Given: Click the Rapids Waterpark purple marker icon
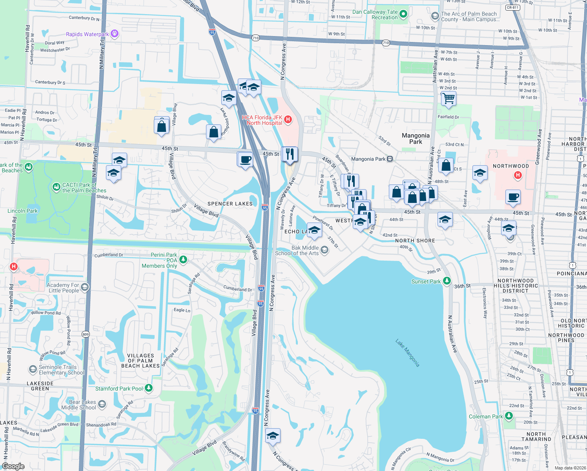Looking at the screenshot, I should (115, 34).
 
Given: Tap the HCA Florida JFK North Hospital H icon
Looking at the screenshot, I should (288, 119).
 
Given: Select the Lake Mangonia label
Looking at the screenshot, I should (407, 353).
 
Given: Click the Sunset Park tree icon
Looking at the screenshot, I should (447, 281).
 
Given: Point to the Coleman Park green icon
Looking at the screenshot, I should (509, 416).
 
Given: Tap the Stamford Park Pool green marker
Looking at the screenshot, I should (149, 388).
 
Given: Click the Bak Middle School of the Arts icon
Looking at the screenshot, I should (324, 250).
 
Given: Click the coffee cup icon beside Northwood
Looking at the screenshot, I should (513, 197).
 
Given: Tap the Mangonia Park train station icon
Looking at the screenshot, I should (390, 159).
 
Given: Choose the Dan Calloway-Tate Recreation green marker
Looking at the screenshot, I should (403, 15).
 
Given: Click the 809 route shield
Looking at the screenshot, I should (86, 334).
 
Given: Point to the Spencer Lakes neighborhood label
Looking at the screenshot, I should (230, 204).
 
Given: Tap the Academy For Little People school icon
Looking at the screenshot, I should (84, 287).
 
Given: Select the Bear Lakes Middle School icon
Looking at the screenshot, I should (102, 404).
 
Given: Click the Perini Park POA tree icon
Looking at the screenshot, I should (183, 260).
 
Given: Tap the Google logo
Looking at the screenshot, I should (13, 466).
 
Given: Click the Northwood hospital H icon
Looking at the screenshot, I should (518, 175).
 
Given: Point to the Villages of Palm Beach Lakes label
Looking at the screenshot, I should (140, 361).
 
